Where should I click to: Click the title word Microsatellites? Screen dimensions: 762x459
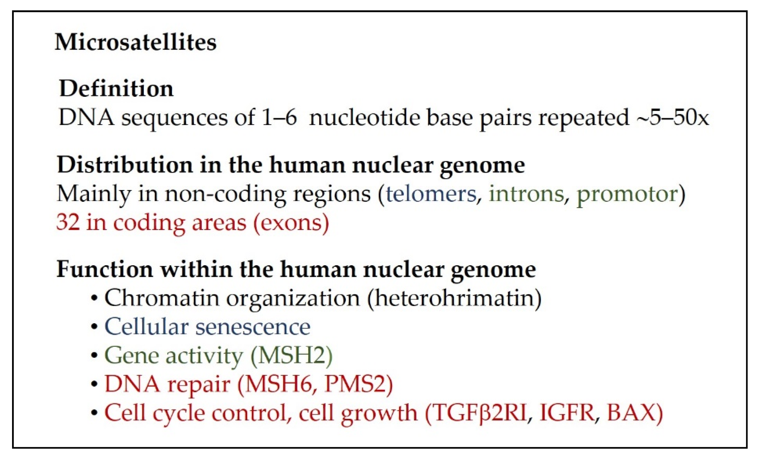(136, 42)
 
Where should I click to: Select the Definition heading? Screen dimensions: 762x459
(116, 88)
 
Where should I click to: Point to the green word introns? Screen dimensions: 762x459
(526, 194)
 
